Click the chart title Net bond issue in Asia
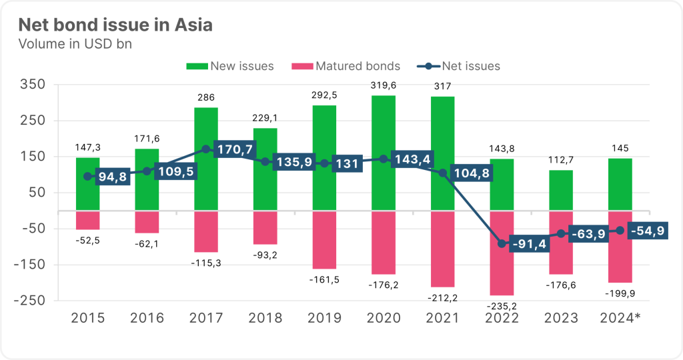click(115, 26)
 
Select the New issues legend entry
click(231, 66)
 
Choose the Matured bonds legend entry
click(347, 66)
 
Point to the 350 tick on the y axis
click(32, 85)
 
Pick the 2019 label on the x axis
click(324, 318)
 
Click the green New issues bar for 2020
click(384, 153)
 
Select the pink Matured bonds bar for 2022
click(502, 253)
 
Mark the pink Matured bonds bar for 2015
click(88, 220)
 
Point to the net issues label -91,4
click(528, 244)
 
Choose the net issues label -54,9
click(645, 230)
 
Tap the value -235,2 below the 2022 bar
click(502, 306)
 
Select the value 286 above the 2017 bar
click(206, 97)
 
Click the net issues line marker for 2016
click(147, 171)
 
